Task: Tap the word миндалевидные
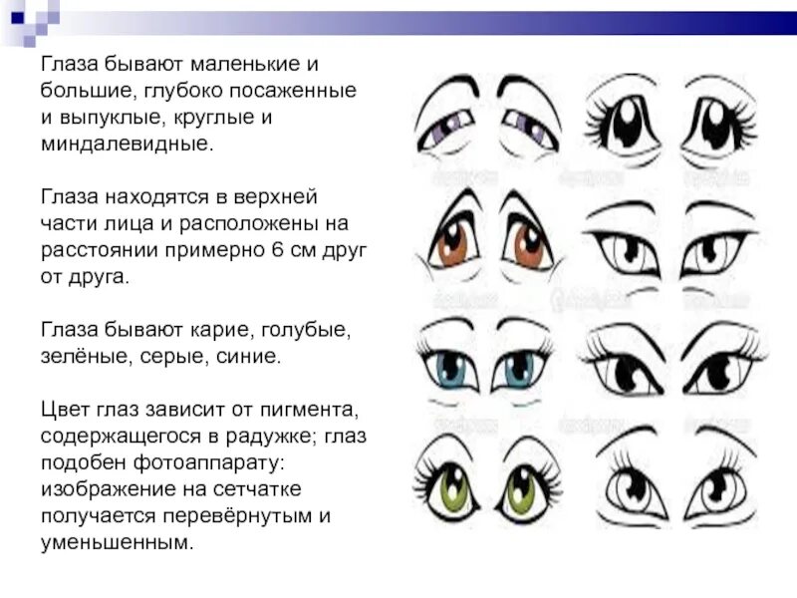[126, 144]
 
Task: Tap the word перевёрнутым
[243, 517]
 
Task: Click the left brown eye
[453, 243]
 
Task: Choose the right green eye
[521, 489]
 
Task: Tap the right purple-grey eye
[525, 126]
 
